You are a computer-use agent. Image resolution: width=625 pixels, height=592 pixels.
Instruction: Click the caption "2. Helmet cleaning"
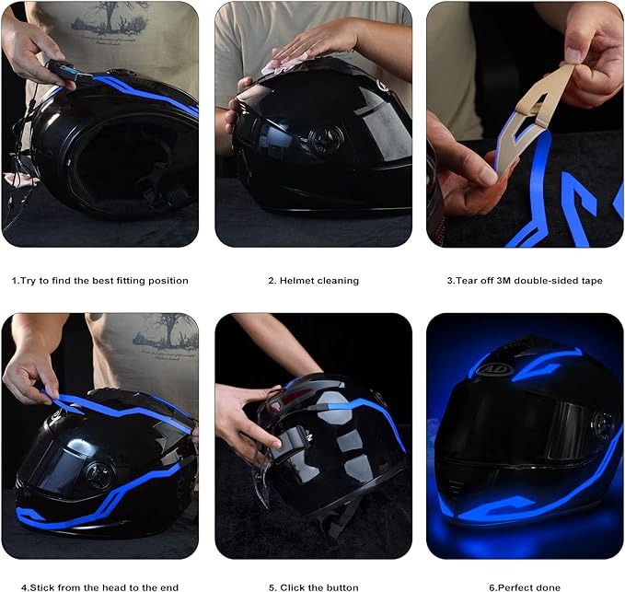(313, 281)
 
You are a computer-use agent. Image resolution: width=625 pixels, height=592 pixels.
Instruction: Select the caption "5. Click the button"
(313, 587)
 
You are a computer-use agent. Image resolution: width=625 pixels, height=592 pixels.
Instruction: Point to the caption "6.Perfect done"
(525, 587)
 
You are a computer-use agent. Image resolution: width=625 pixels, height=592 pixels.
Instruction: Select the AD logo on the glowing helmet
(493, 369)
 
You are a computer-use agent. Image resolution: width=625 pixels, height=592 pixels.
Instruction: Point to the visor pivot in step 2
(326, 140)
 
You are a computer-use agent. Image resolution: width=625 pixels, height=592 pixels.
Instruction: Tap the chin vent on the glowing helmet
(456, 488)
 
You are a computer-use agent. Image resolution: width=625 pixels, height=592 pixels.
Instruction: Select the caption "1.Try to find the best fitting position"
(100, 281)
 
